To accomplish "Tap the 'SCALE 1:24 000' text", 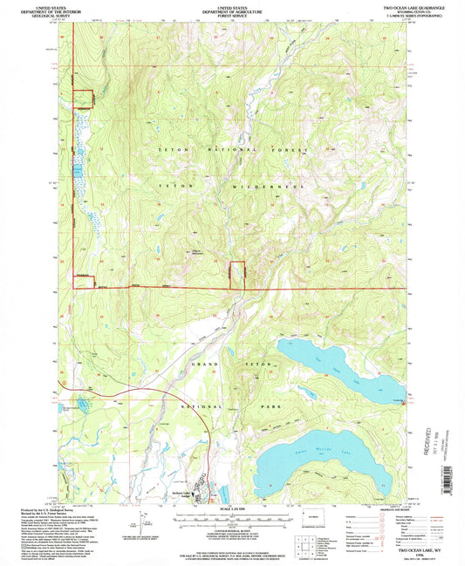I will pos(231,508).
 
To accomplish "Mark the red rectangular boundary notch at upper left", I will pos(82,99).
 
